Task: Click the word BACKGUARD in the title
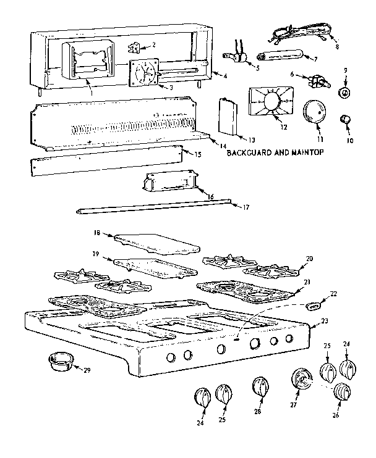[250, 151]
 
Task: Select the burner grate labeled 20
[272, 270]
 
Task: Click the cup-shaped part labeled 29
[58, 362]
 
